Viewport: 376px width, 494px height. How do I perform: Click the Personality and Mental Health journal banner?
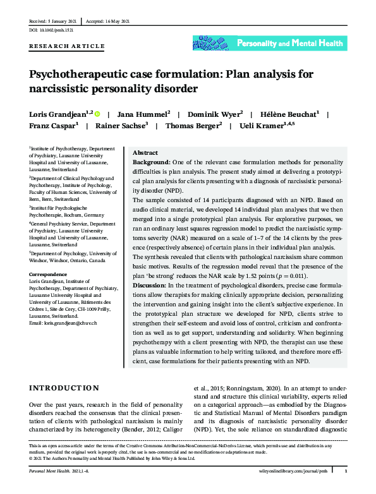pos(269,43)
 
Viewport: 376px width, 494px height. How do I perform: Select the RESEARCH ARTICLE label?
pos(66,46)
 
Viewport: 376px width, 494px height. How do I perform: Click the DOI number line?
pos(52,30)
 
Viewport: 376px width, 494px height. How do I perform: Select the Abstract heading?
pos(145,153)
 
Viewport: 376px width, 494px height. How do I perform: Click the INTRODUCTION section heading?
pos(63,387)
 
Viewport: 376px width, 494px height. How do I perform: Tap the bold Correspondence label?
pos(47,274)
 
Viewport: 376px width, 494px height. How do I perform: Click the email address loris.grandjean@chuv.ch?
pos(63,323)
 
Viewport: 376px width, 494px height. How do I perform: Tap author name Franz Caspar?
pos(52,126)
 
